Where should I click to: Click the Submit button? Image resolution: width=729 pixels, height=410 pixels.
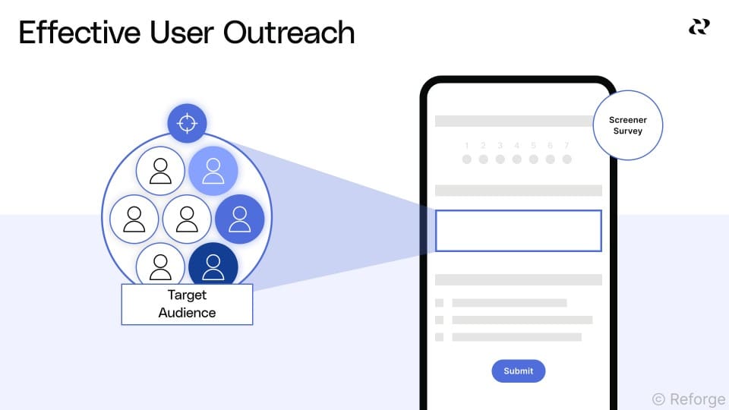[518, 371]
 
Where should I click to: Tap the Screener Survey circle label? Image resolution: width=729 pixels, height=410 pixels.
[627, 126]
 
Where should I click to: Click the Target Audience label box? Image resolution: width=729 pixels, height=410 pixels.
[187, 304]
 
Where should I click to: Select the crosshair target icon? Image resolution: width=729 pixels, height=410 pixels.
[187, 123]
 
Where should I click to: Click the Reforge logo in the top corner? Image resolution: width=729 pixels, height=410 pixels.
[699, 27]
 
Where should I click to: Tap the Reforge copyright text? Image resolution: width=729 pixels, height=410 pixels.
[688, 399]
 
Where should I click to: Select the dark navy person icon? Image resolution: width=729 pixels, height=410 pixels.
[213, 266]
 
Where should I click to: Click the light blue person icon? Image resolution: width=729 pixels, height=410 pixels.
[213, 171]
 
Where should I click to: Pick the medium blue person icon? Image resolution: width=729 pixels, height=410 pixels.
[239, 219]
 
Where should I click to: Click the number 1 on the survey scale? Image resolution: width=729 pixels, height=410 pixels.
[466, 145]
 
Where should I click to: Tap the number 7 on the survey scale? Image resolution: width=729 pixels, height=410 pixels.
[566, 145]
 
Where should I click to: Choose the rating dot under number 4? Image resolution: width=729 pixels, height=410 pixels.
[516, 159]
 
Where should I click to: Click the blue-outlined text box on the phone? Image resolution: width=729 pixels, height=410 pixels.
[518, 231]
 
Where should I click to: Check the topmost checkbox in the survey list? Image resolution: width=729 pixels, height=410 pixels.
[439, 303]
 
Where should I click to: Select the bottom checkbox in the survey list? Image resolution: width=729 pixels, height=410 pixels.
[439, 336]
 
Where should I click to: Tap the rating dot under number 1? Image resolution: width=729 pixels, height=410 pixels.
[466, 159]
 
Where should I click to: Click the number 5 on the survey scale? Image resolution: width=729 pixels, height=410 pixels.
[533, 145]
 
